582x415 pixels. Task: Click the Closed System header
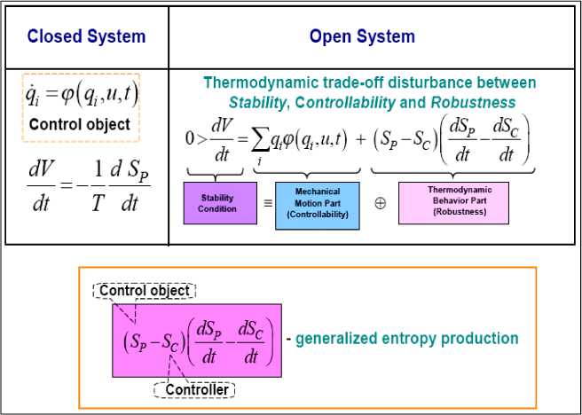click(x=86, y=36)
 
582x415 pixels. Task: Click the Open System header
click(x=362, y=36)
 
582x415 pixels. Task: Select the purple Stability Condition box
click(x=217, y=204)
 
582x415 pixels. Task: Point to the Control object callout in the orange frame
click(x=145, y=291)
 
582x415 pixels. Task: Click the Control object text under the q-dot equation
click(x=79, y=124)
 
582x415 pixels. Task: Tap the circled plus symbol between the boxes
click(x=380, y=203)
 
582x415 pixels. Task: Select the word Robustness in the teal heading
click(x=473, y=103)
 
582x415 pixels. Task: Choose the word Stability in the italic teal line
click(x=258, y=103)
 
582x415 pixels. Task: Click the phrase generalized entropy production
click(x=406, y=338)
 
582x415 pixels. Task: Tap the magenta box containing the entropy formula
click(x=196, y=341)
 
